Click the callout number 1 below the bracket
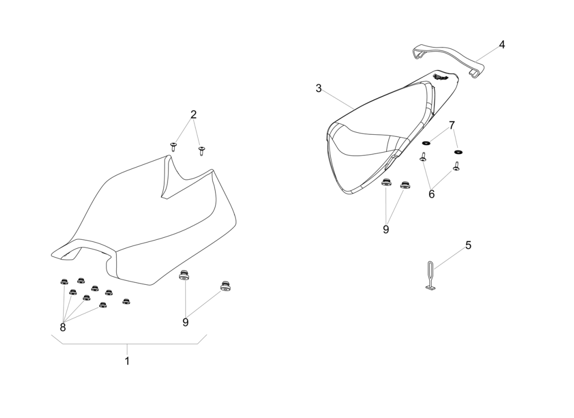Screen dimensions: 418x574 [127, 361]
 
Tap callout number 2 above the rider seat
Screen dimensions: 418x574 [194, 114]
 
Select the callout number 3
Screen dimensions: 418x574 [319, 88]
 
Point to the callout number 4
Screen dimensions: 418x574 [501, 45]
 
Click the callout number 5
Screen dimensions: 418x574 [468, 245]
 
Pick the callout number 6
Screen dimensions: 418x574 [432, 194]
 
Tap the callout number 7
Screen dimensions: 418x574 [452, 125]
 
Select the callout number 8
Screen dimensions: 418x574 [63, 327]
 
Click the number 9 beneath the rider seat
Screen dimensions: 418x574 [185, 322]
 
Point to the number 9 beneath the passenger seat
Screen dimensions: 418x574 [386, 229]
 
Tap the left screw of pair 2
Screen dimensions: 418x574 [173, 146]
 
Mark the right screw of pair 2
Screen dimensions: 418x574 [202, 151]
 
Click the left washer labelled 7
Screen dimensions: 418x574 [426, 142]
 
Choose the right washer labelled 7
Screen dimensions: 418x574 [459, 152]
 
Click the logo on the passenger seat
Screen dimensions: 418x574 [441, 78]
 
